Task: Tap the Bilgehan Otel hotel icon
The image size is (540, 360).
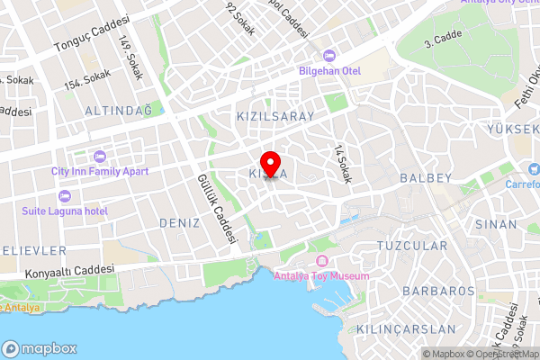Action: coord(328,55)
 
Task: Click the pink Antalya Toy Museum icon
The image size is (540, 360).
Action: coord(320,260)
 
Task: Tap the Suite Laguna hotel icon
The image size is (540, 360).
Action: coord(63,196)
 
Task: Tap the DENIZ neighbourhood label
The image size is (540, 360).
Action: coord(178,222)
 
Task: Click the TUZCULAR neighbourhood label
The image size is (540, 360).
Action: coord(412,246)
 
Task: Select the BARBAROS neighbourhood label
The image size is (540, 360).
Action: coord(438,292)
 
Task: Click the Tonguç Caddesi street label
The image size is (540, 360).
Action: coord(92,37)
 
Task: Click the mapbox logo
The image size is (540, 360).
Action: coord(40,348)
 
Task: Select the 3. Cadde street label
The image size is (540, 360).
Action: coord(443,40)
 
